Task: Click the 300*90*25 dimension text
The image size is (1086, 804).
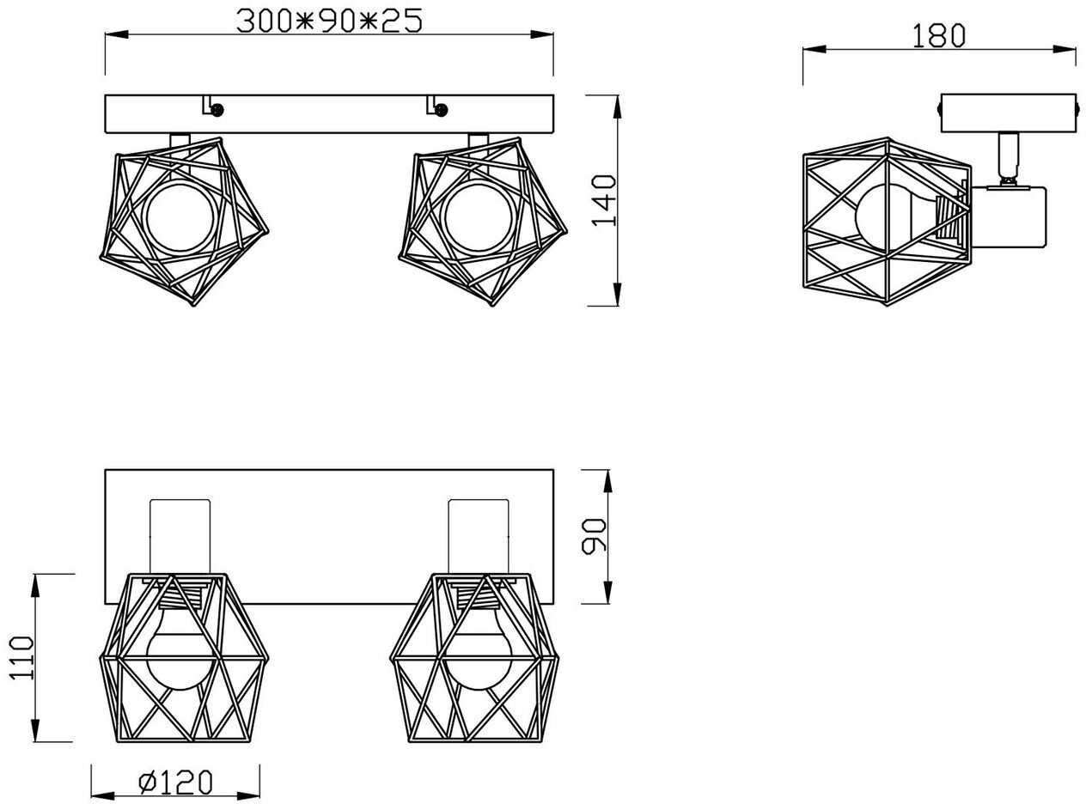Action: pos(329,21)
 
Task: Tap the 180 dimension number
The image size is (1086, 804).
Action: pos(939,36)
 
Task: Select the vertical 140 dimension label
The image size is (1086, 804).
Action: pos(604,201)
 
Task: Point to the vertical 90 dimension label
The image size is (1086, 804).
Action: pos(594,537)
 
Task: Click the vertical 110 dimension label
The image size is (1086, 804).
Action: pos(22,658)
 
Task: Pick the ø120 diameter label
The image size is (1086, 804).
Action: pos(175,783)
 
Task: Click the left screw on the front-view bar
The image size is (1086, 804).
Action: pos(217,110)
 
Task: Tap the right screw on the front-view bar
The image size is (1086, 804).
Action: pos(441,110)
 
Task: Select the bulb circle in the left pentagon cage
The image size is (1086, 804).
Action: pos(180,216)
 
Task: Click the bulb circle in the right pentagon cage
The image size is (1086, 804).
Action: pos(478,216)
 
